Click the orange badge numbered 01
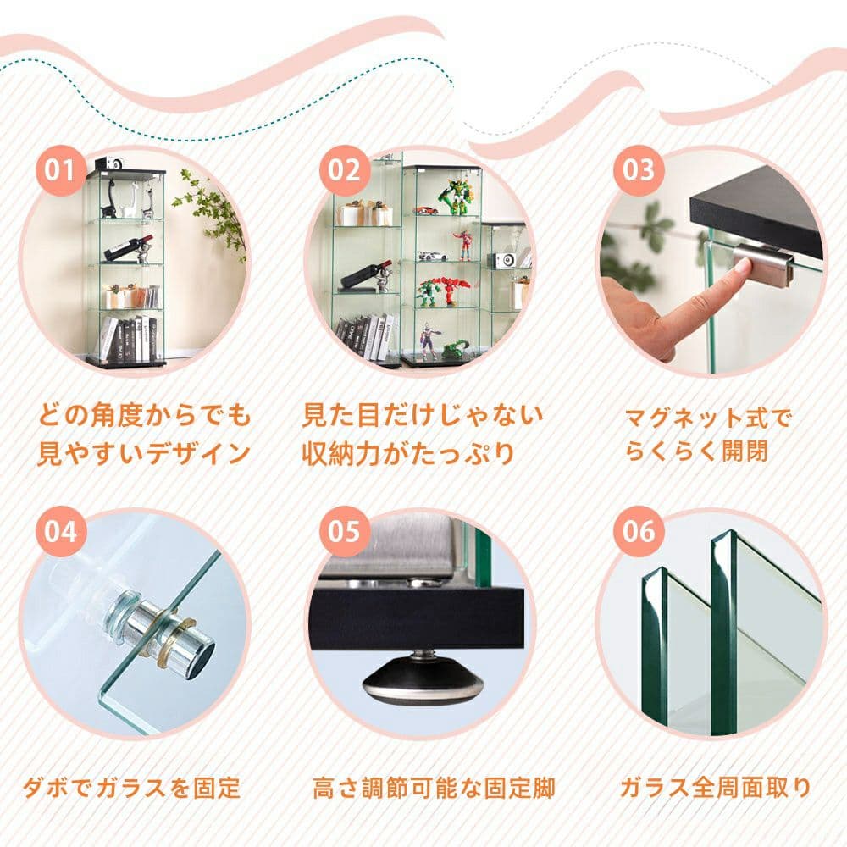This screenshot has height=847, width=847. point(60,170)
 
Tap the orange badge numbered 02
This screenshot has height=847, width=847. point(345,170)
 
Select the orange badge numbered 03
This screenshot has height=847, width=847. point(639,170)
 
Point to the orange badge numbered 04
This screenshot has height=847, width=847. point(60,533)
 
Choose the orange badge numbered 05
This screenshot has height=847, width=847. point(345,533)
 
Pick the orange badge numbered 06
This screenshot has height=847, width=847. point(639,533)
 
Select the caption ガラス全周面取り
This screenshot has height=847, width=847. point(716,789)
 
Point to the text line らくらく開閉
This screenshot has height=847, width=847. point(696,451)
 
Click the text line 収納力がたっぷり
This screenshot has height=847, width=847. point(408,453)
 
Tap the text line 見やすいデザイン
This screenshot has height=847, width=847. point(143,453)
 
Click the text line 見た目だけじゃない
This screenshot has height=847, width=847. point(423,416)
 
